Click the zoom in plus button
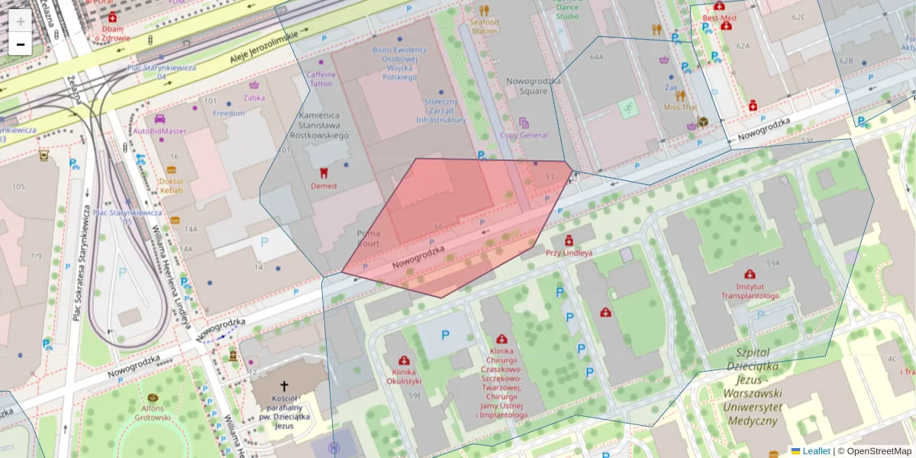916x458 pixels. pos(21,21)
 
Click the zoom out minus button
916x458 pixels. pos(21,44)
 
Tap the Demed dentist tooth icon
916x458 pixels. pos(323,173)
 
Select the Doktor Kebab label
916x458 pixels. pos(171,186)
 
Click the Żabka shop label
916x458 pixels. pos(254,97)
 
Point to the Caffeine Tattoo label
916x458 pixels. pos(321,79)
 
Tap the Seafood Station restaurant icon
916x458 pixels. pos(485,11)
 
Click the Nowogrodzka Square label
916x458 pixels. pos(527,85)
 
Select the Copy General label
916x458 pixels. pos(524,135)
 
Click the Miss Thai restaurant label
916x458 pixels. pos(679,108)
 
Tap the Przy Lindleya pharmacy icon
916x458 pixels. pos(569,240)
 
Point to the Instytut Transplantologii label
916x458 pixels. pos(750,291)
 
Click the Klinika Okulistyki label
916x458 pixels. pos(403,376)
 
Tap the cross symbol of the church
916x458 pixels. pos(285,387)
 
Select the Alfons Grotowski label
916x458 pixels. pos(153,412)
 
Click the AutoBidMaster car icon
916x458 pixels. pos(160,118)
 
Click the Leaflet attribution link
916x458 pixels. pos(816,451)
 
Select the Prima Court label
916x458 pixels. pos(368,238)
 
